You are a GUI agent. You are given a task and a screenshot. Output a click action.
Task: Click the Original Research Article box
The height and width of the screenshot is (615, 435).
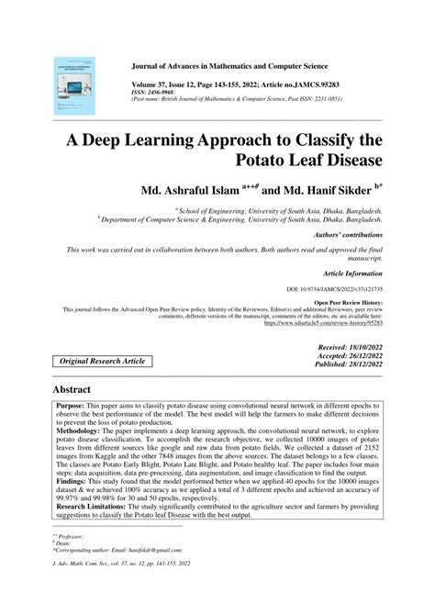click(103, 363)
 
